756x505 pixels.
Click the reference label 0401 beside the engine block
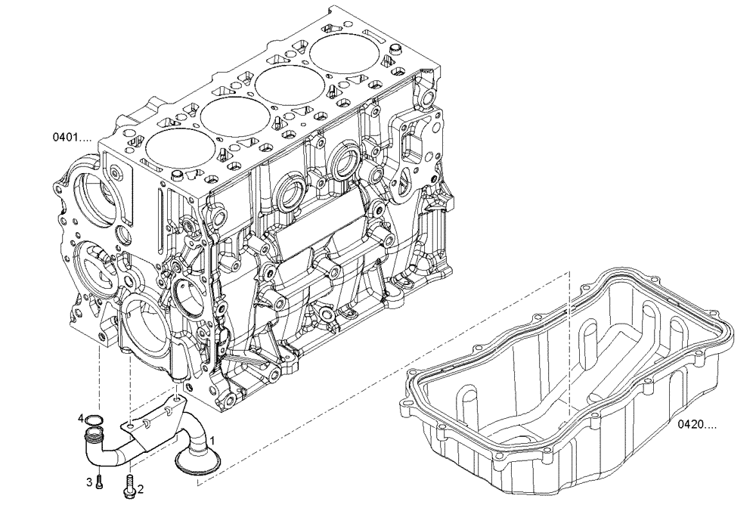[x=71, y=138]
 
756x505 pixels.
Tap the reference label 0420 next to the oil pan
[x=697, y=426]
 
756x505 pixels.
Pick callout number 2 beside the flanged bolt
[x=141, y=479]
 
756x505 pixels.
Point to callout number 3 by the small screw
[x=88, y=481]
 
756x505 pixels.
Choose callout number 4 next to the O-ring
[x=80, y=417]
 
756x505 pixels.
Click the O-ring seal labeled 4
[x=93, y=420]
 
